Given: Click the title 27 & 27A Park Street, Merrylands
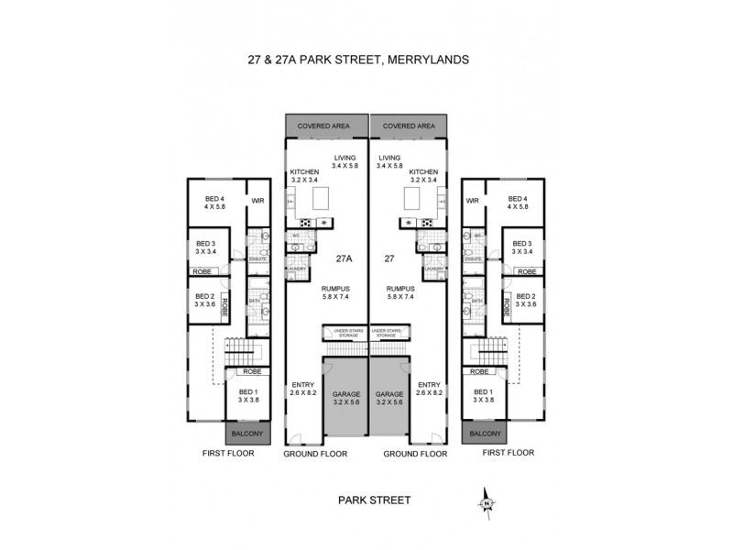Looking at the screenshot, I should point(359,60).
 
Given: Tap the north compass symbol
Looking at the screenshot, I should point(487,501).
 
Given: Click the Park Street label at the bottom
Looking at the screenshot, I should point(374,500).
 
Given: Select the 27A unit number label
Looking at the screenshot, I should point(345,258).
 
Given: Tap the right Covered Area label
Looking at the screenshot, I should point(409,126).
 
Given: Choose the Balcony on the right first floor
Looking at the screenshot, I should point(485,434).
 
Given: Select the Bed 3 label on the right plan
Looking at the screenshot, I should point(523,246).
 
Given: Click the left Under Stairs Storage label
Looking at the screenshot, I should point(345,333).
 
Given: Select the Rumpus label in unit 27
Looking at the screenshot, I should point(401,291).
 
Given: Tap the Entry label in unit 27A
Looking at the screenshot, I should point(302,388).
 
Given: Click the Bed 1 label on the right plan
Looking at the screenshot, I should point(483,395).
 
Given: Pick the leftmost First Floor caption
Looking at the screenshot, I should point(228,453).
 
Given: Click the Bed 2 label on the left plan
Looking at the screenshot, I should point(204,300).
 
